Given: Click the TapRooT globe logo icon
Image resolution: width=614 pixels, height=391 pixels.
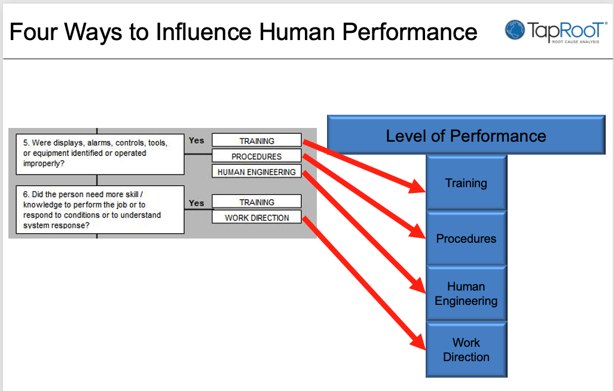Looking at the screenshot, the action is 515,30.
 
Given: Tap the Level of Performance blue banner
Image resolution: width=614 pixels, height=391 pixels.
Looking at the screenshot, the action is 466,135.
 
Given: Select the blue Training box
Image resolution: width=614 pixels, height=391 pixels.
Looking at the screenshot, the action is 466,183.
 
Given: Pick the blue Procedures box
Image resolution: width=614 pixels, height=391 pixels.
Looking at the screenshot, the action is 466,239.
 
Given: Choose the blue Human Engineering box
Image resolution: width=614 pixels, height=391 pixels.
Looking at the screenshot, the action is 466,294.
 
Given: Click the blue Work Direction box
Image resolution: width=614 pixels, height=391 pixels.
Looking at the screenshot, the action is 466,350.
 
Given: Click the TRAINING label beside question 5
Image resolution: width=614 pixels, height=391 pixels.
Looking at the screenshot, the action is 256,140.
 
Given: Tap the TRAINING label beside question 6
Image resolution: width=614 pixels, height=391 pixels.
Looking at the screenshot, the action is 256,202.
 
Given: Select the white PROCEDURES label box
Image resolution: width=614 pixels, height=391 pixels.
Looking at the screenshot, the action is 256,156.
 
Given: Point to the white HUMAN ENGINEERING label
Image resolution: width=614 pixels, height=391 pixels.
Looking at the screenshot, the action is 256,172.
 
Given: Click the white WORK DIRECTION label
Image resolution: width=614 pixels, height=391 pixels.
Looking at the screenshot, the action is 256,217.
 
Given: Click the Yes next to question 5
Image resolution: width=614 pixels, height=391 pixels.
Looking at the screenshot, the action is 196,140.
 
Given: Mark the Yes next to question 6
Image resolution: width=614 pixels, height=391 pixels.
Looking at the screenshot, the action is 196,203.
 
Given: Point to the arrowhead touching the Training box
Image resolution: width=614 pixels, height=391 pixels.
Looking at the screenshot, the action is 417,187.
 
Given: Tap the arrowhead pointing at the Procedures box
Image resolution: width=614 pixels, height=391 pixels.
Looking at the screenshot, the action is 417,232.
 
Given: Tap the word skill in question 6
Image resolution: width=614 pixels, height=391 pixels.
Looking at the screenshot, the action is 130,194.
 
